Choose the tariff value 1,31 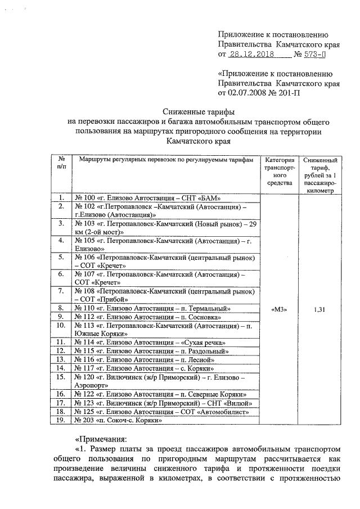coord(319,308)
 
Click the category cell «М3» coord(280,308)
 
